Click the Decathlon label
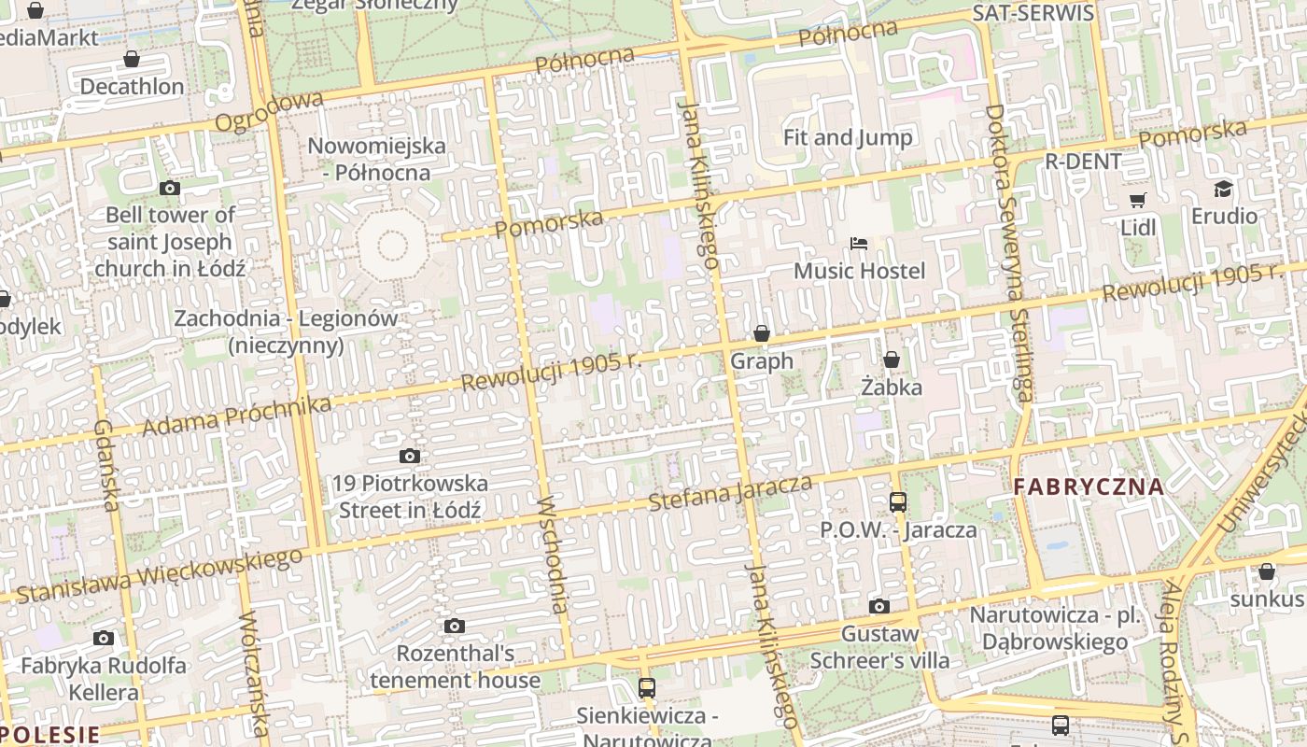tap(132, 87)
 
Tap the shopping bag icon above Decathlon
tap(132, 60)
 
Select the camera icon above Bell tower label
tap(169, 188)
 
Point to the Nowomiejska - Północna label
tap(376, 159)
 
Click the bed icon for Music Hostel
tap(859, 244)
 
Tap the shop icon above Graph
tap(762, 333)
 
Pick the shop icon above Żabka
tap(892, 359)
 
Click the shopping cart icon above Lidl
tap(1137, 200)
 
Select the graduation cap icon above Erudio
tap(1223, 190)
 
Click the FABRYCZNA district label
tap(1089, 486)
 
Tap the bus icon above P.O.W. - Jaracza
tap(898, 502)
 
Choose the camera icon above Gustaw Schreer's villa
tap(878, 607)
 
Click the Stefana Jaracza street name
tap(730, 492)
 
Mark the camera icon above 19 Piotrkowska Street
tap(409, 457)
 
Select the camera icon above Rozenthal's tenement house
tap(455, 626)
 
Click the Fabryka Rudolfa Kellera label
tap(104, 679)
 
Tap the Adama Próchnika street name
tap(236, 416)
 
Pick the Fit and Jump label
tap(848, 137)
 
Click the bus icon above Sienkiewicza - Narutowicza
tap(647, 688)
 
